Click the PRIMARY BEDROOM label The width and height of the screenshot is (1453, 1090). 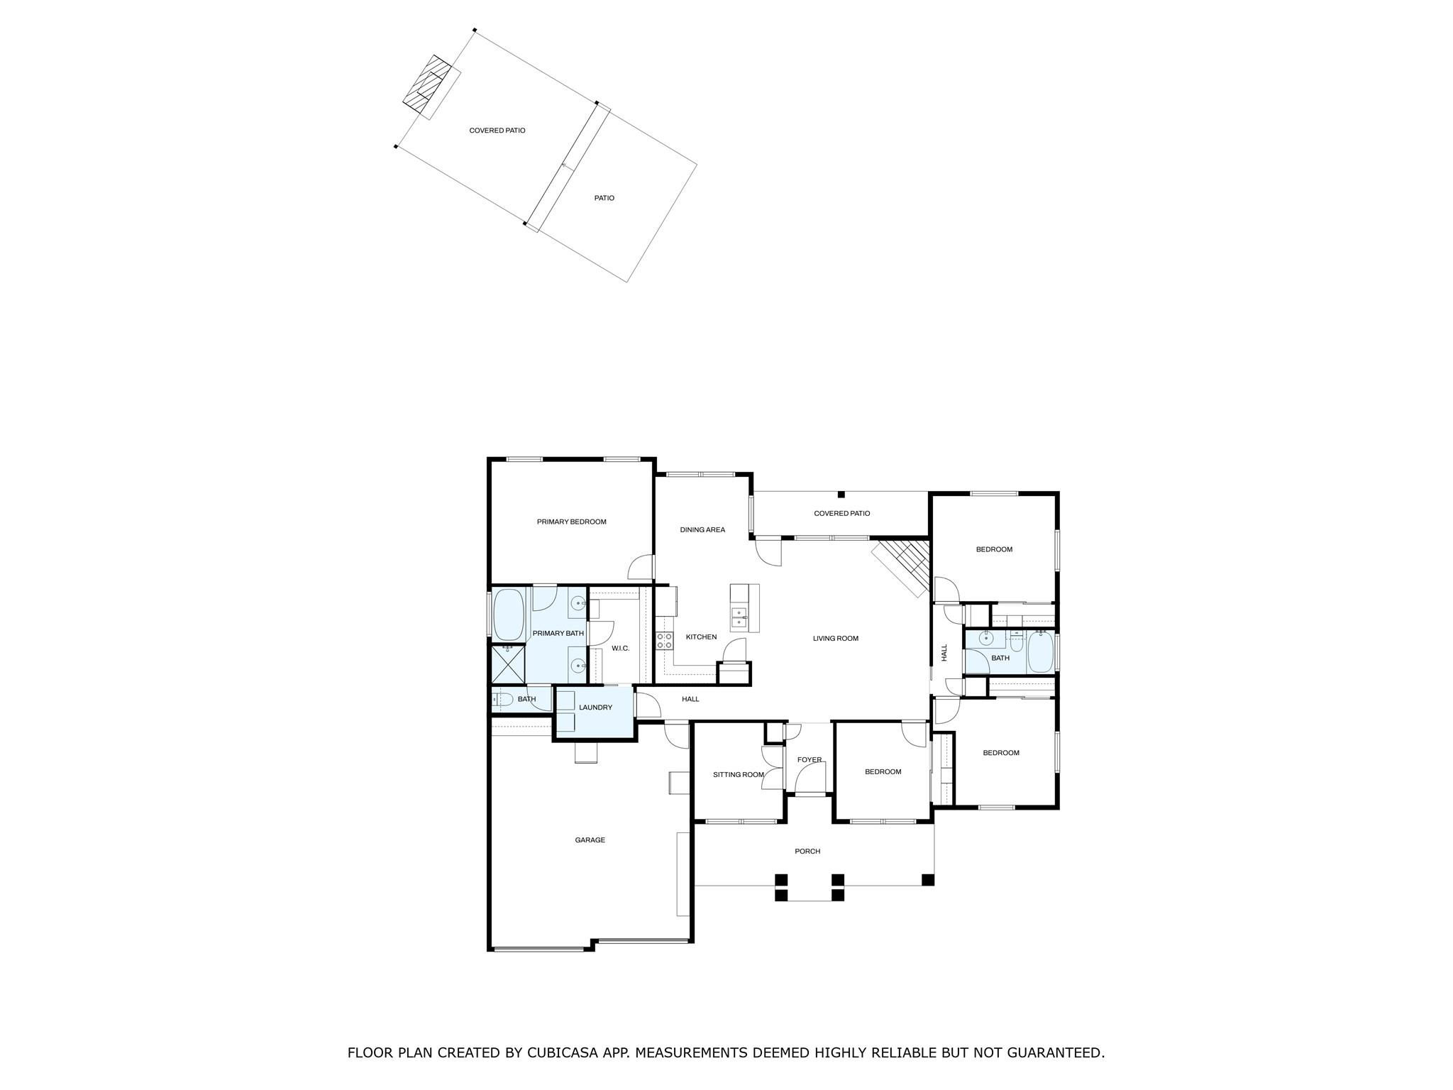(x=571, y=522)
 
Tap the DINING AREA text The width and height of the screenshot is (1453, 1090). (x=702, y=529)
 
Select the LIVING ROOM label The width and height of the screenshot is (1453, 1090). (x=835, y=638)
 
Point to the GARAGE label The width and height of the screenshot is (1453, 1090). (x=590, y=839)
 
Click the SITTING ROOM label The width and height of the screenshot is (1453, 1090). (x=738, y=774)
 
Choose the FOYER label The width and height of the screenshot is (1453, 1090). (x=809, y=759)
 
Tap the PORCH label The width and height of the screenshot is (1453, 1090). (x=807, y=851)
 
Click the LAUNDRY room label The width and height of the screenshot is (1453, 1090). (x=595, y=708)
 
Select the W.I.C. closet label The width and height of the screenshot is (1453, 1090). (x=620, y=648)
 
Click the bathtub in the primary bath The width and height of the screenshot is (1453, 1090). (x=508, y=615)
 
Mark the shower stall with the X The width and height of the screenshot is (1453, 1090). (x=509, y=664)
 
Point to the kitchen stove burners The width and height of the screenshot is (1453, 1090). (x=665, y=641)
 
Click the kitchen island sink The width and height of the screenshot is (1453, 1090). (x=739, y=616)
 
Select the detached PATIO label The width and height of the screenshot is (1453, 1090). (x=604, y=198)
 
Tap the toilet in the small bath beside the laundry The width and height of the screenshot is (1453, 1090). (x=502, y=699)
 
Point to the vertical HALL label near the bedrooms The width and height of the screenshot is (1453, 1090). (x=944, y=652)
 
